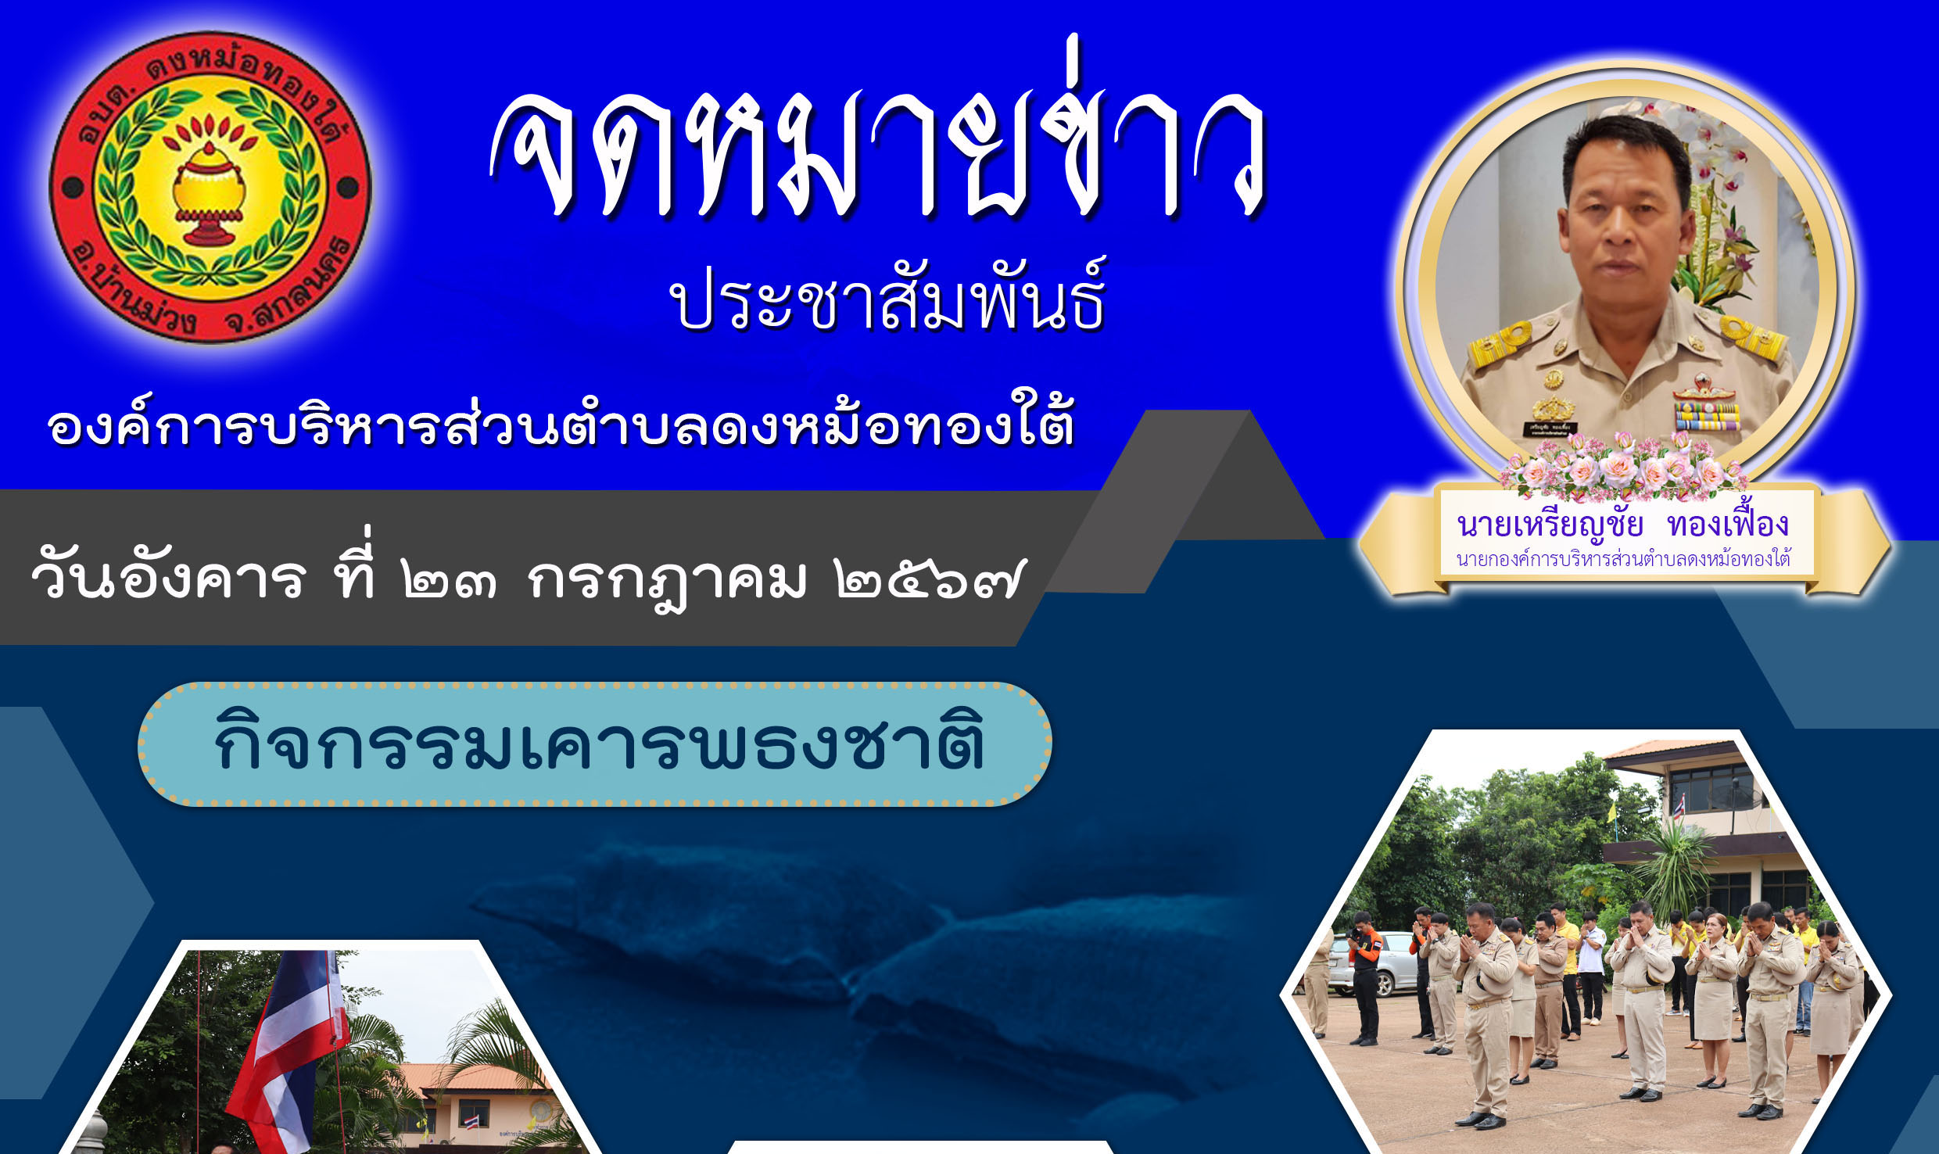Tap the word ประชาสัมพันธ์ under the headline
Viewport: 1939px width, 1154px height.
888,295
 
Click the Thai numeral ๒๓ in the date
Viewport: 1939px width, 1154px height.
450,581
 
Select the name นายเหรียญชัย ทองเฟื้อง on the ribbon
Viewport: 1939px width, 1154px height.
1623,524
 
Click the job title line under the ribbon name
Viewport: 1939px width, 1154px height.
1623,559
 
